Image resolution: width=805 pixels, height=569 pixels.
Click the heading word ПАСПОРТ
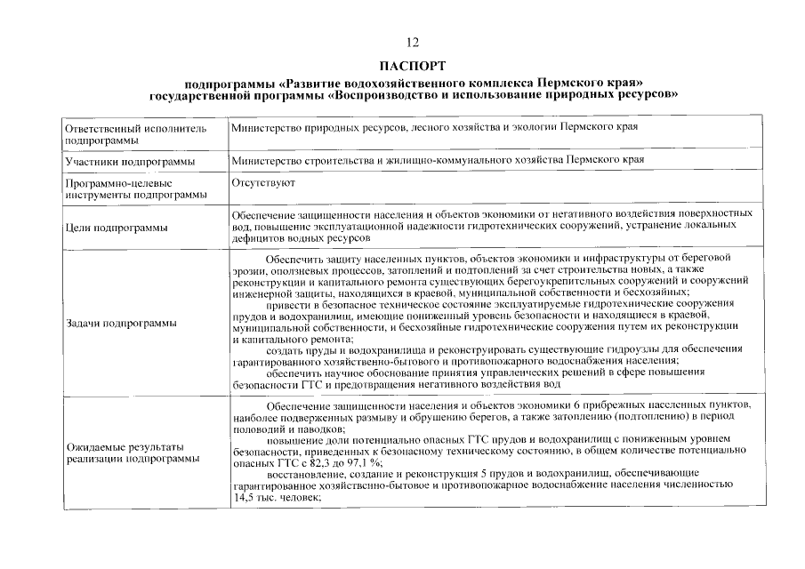(411, 66)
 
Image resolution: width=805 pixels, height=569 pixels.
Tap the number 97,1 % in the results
(363, 462)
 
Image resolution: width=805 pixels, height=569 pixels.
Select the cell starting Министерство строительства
(437, 160)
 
